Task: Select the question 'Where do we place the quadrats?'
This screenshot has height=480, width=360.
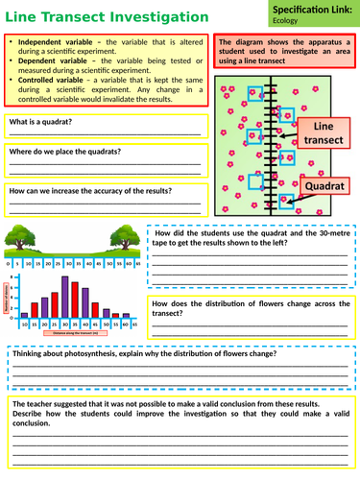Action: coord(64,152)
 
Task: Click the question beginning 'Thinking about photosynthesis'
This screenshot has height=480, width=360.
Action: coord(143,354)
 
